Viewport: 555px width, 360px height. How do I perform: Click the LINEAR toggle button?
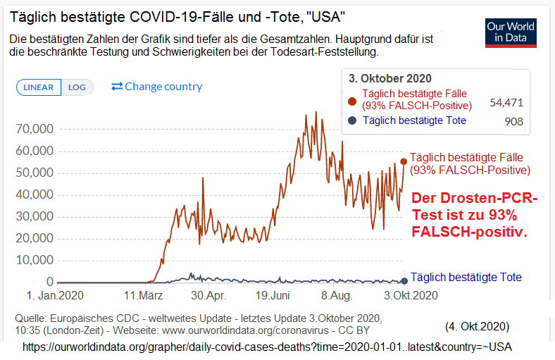pos(39,87)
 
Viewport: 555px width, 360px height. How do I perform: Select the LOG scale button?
pos(77,87)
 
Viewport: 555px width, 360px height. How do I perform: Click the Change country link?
pos(156,87)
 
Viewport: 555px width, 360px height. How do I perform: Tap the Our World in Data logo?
pos(511,32)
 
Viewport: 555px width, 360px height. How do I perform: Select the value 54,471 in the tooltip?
pos(506,102)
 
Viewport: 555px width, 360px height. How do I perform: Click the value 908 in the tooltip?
pos(513,121)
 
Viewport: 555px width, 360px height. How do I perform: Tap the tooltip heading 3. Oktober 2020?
pos(390,78)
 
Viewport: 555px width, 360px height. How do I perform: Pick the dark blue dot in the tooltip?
pos(352,121)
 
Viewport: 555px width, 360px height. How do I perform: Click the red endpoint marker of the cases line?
pos(404,161)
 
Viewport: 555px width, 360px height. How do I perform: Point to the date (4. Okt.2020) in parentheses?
pos(477,327)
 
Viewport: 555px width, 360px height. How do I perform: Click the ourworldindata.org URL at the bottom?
pos(267,347)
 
